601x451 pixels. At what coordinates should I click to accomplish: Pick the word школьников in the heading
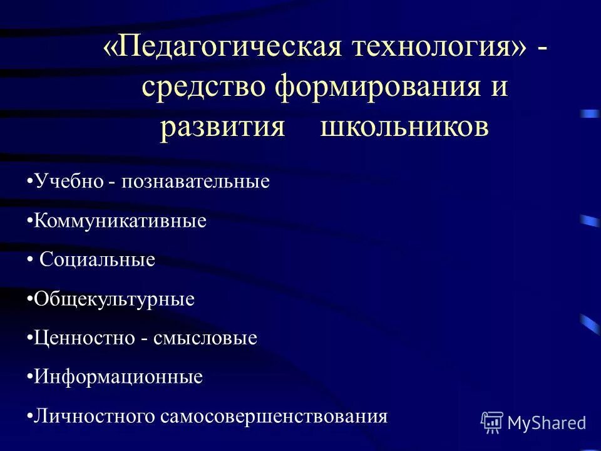click(404, 125)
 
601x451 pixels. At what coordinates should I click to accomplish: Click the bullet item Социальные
click(97, 259)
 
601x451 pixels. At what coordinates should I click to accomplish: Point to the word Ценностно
click(85, 338)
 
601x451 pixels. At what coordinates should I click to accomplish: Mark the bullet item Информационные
click(118, 377)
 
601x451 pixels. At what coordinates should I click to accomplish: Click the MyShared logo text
click(547, 423)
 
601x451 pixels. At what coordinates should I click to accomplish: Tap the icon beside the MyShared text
click(492, 423)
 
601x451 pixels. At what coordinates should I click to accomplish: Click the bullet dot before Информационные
click(31, 377)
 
